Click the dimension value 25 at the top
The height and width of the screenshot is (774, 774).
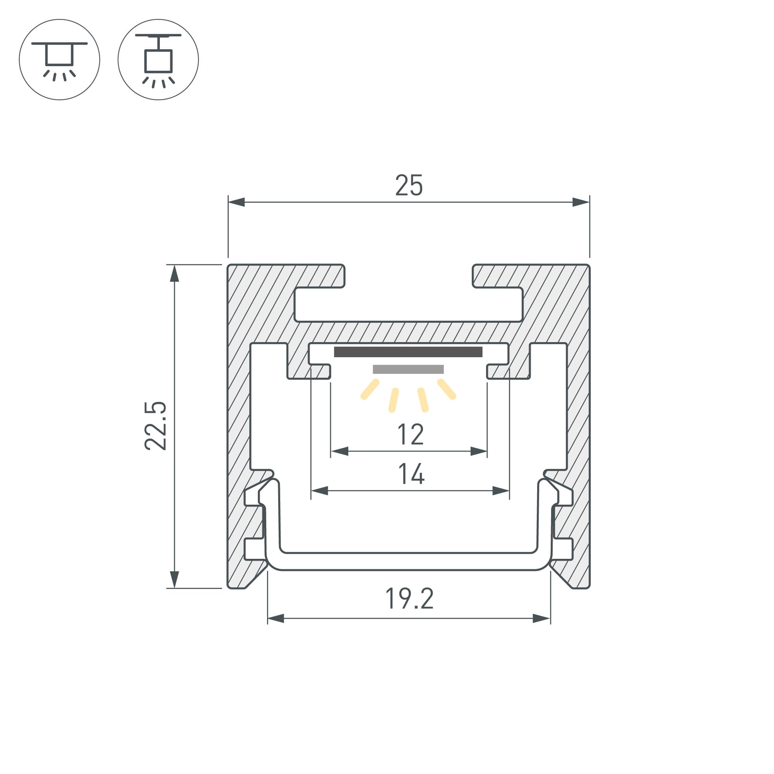click(x=409, y=185)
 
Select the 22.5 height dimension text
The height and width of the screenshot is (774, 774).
click(x=156, y=425)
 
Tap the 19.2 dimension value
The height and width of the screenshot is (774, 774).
click(x=409, y=599)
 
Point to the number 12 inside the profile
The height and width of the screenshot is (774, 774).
click(x=410, y=434)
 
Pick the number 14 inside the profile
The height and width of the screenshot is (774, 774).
click(x=411, y=474)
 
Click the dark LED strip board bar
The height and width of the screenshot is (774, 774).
click(x=408, y=352)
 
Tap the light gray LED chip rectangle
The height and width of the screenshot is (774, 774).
click(x=408, y=369)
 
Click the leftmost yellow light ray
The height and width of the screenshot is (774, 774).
click(x=370, y=389)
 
